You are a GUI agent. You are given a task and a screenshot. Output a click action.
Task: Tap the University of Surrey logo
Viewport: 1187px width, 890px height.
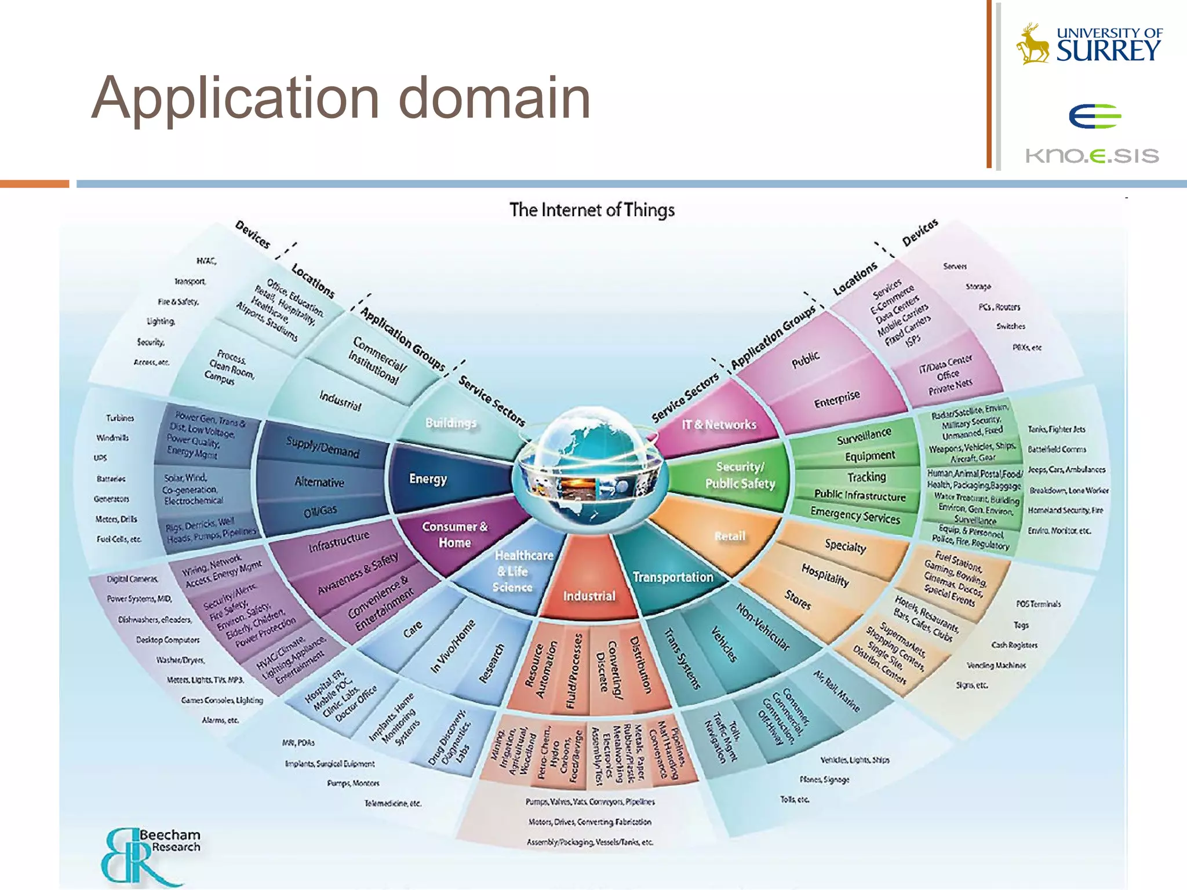(x=1090, y=44)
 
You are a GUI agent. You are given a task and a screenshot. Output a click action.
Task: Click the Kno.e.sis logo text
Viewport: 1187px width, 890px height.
(x=1092, y=155)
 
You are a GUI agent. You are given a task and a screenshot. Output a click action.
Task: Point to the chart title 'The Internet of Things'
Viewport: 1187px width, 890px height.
(x=592, y=210)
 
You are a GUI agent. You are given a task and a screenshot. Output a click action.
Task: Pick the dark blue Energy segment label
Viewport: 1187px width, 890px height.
(x=428, y=479)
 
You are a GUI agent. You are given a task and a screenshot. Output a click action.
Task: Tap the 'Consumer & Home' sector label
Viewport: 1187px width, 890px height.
(x=454, y=534)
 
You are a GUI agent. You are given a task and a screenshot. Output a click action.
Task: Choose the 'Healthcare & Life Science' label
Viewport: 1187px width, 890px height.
(x=514, y=571)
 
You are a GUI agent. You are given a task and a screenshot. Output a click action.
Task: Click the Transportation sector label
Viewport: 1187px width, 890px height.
(x=672, y=577)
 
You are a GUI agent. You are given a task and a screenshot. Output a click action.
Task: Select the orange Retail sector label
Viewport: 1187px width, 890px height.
(x=730, y=536)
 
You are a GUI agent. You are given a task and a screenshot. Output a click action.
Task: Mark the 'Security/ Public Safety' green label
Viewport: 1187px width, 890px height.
(x=740, y=475)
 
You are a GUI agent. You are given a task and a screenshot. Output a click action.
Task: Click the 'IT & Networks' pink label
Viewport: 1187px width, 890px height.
(x=719, y=425)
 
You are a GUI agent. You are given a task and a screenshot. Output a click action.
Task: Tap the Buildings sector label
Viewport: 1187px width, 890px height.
(x=450, y=423)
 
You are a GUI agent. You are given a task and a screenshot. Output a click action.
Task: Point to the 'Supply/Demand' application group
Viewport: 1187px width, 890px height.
(x=322, y=447)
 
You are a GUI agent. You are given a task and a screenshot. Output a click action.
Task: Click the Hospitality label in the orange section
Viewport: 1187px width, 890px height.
(x=825, y=575)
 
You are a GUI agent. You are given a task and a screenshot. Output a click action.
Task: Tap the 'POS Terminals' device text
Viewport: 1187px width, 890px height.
(x=1038, y=604)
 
